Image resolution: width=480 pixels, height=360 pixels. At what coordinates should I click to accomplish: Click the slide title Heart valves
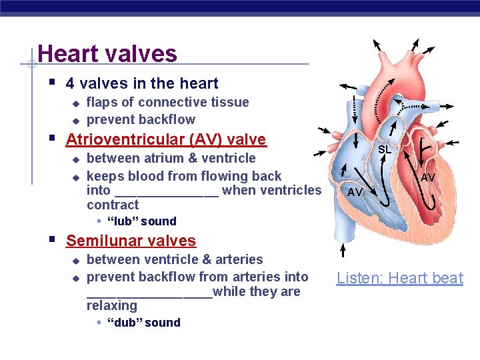click(107, 53)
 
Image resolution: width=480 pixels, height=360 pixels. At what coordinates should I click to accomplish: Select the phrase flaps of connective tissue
click(167, 102)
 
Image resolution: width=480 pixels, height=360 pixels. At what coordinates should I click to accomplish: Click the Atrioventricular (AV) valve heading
click(165, 139)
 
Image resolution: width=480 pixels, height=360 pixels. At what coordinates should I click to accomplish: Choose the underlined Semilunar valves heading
click(131, 241)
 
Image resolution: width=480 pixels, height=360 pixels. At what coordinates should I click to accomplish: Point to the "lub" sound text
click(141, 221)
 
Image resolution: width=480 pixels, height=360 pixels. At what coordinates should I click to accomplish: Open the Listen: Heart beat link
click(399, 278)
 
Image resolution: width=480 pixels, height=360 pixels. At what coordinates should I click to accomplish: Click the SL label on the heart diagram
click(385, 150)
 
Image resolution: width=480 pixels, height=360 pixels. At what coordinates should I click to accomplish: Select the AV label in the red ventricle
click(427, 177)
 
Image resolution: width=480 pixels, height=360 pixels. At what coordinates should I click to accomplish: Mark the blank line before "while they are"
click(149, 293)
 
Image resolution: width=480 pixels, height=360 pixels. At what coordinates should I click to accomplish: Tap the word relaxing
click(112, 306)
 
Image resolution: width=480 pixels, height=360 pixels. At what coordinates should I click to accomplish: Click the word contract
click(113, 205)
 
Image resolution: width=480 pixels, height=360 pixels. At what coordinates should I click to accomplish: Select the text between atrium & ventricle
click(171, 158)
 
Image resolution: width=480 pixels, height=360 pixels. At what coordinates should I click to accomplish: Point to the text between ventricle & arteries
click(175, 259)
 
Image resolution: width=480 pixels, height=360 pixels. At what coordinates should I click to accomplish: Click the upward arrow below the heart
click(343, 250)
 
